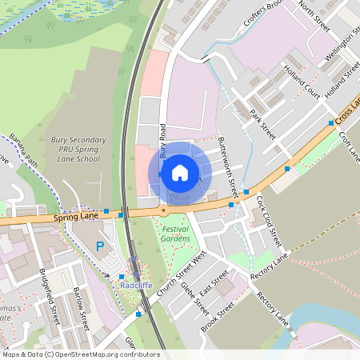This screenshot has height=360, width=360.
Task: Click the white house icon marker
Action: coord(180,172)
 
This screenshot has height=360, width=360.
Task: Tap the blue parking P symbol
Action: coord(100,246)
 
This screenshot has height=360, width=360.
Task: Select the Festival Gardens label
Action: coord(175,234)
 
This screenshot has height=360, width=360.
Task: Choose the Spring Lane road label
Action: coord(75,216)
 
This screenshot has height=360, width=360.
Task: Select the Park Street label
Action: coord(262,123)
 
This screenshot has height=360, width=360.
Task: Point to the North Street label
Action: coord(314,14)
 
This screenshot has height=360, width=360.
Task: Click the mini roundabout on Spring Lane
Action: coord(163,210)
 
